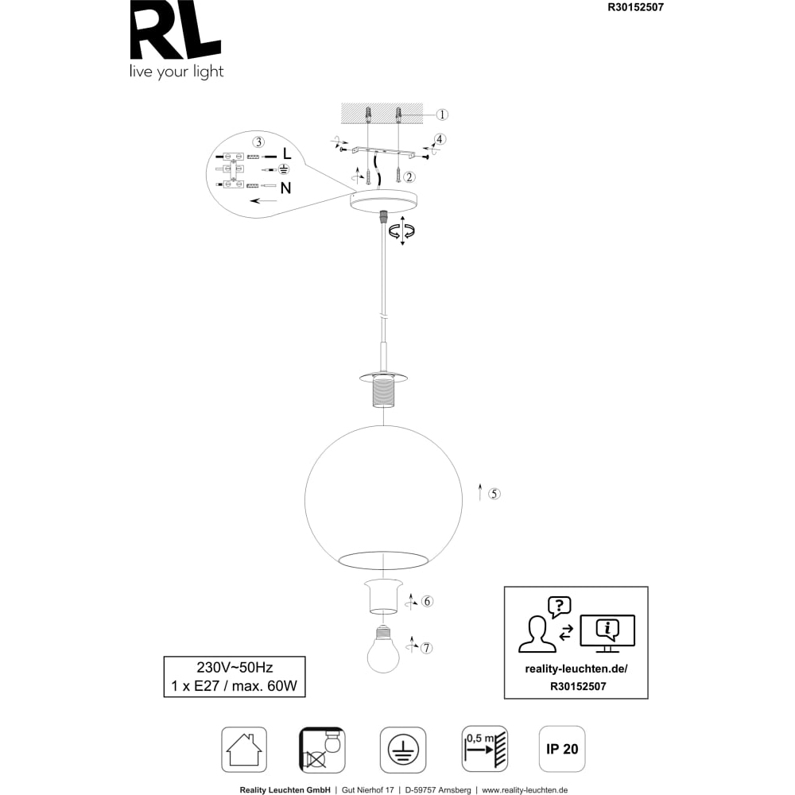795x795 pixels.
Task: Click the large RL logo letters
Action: pos(176,29)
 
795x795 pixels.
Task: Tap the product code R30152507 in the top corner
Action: pos(635,7)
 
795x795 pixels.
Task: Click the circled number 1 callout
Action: pos(442,114)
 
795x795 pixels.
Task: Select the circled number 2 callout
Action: pos(409,177)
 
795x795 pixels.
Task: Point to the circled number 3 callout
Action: pos(259,142)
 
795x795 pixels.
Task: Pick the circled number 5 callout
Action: pos(494,494)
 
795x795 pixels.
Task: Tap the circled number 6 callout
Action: pos(428,601)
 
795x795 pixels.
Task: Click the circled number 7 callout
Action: pos(427,648)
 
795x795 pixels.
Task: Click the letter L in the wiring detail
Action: pos(287,153)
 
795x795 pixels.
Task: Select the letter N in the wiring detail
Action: pos(286,188)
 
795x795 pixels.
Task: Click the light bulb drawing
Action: pos(383,649)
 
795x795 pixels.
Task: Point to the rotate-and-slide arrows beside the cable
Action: pos(402,231)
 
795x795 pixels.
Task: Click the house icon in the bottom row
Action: pos(244,750)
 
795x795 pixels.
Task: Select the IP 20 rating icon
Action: pos(562,749)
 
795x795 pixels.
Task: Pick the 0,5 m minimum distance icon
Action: pos(485,749)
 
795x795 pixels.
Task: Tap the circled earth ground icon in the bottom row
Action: pos(403,750)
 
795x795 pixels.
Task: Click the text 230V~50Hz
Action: pos(235,667)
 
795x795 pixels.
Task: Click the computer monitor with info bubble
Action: pos(607,633)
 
